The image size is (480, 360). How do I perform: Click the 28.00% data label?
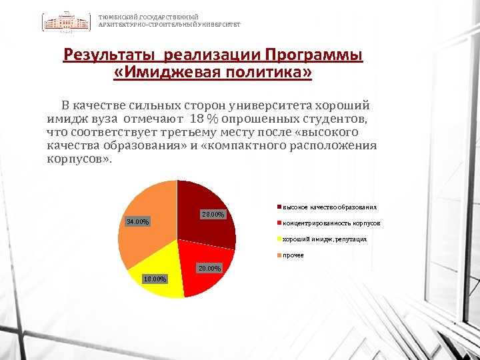point(213,215)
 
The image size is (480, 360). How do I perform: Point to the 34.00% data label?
point(139,221)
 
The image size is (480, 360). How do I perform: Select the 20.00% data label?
point(209,268)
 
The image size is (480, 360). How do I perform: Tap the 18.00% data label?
point(155,279)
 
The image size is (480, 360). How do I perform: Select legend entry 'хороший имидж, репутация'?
point(324,239)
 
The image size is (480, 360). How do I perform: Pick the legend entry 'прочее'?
point(293,255)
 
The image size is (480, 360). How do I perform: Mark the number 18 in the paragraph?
point(197,119)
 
